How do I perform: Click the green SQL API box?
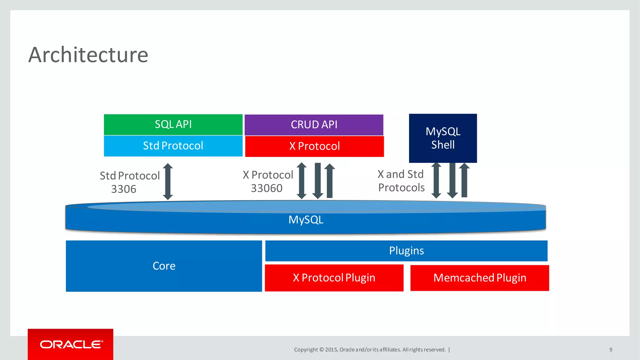coord(173,124)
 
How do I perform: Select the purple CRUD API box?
coord(314,125)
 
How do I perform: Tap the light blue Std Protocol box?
coord(173,146)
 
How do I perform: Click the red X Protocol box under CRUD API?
coord(314,146)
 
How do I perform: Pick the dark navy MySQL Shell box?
coord(443,138)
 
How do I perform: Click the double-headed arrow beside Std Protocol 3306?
coord(168,181)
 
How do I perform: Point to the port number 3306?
coord(124,189)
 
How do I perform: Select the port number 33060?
coord(267,188)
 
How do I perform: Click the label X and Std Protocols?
coord(401,181)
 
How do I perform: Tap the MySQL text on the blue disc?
coord(306,220)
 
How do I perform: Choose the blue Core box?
coord(164,266)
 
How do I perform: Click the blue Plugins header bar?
coord(406,251)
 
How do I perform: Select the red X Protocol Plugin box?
coord(334,278)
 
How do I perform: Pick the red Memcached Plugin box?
coord(480,278)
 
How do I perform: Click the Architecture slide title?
coord(88,55)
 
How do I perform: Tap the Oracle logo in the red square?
coord(71,344)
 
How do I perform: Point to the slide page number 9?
coord(611,350)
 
